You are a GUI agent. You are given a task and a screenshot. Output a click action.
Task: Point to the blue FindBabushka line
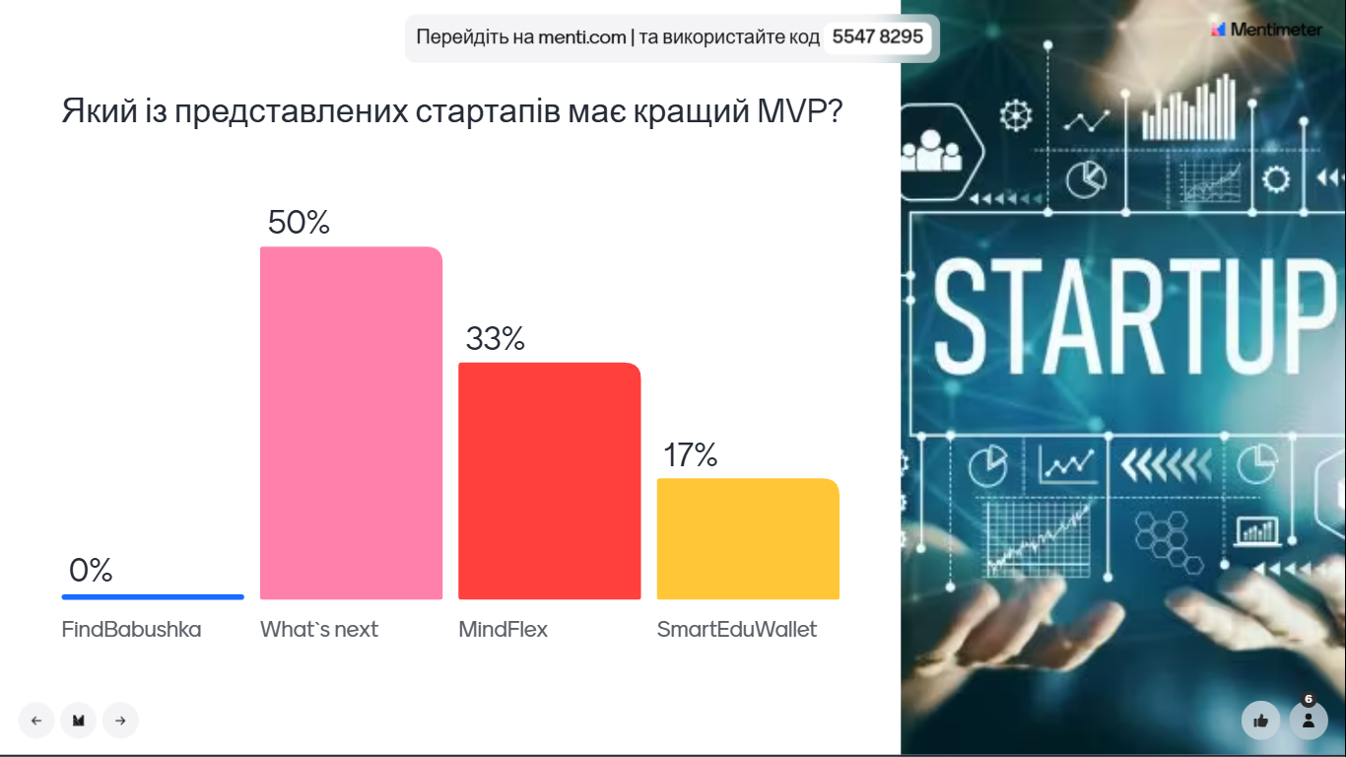click(153, 596)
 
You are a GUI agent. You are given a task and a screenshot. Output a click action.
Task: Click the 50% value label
click(299, 223)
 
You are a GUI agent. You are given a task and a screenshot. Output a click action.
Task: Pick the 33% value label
click(495, 339)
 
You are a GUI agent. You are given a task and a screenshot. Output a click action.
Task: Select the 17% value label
click(690, 455)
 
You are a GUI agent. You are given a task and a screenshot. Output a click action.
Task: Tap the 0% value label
click(91, 571)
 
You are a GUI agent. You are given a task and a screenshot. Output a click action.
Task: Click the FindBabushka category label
click(131, 630)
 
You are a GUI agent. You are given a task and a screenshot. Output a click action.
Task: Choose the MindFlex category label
click(503, 630)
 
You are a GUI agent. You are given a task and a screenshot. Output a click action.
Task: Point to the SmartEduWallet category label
click(736, 630)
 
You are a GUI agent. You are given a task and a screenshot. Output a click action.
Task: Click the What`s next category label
click(318, 630)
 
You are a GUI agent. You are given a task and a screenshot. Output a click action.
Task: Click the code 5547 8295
click(877, 37)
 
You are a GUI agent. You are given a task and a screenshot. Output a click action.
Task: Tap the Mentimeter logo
click(1266, 30)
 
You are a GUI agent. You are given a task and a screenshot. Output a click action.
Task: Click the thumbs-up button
click(1260, 721)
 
